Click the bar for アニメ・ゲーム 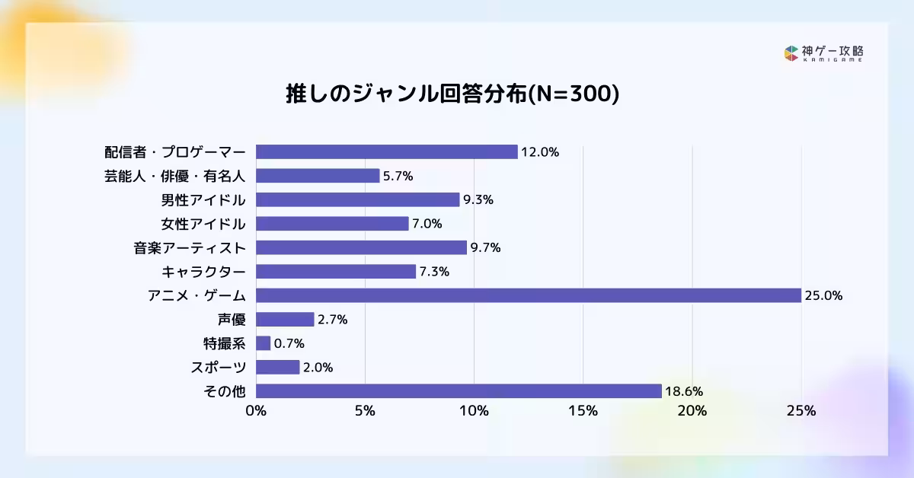click(x=528, y=295)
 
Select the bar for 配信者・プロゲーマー click(x=386, y=151)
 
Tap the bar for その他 click(x=458, y=391)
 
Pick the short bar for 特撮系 click(x=263, y=343)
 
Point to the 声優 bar click(x=285, y=320)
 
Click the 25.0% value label click(x=823, y=296)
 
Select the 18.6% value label click(x=683, y=392)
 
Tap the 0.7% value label click(x=289, y=344)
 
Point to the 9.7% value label click(x=485, y=248)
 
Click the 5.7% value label click(x=398, y=176)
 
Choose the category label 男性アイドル click(x=203, y=200)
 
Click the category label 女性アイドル click(x=203, y=224)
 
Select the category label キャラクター click(x=203, y=272)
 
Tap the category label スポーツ click(x=218, y=368)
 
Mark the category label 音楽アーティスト click(x=189, y=248)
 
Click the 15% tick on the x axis click(x=583, y=411)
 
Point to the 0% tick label click(x=256, y=411)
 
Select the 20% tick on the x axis click(x=692, y=411)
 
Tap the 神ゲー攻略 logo click(x=823, y=53)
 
